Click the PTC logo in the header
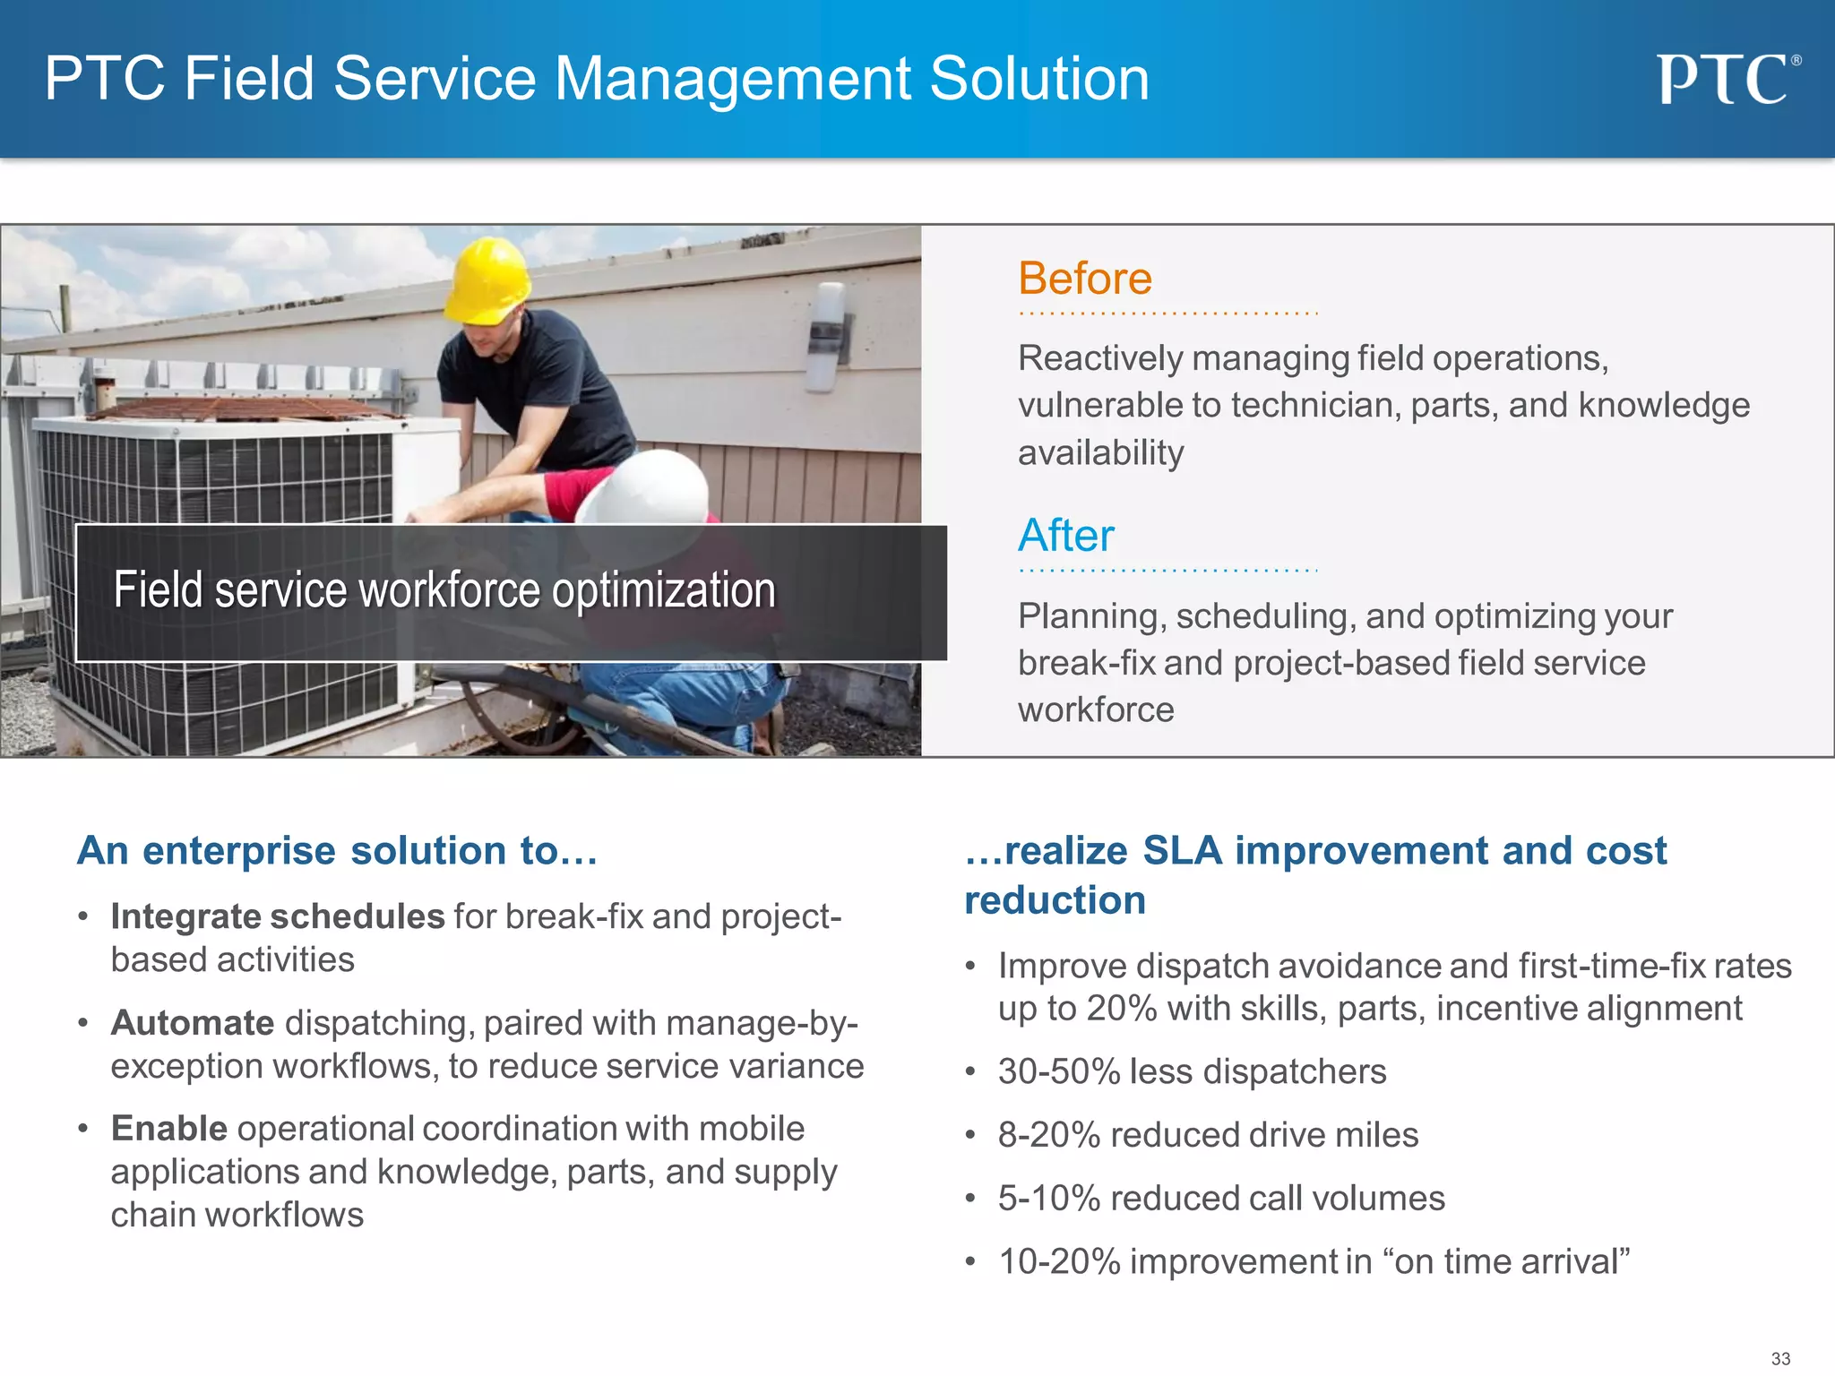[x=1726, y=80]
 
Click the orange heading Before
[x=1084, y=279]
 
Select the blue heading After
[x=1065, y=536]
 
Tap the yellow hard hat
[x=488, y=279]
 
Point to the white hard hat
[x=643, y=488]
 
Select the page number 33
[x=1780, y=1358]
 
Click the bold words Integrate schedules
[x=277, y=916]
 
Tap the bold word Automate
[x=192, y=1023]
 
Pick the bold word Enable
[x=168, y=1129]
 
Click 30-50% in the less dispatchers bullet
[x=1059, y=1072]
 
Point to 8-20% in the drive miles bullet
[x=1048, y=1135]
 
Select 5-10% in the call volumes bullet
[x=1048, y=1199]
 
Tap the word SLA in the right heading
[x=1182, y=850]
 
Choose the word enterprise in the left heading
[x=239, y=851]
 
